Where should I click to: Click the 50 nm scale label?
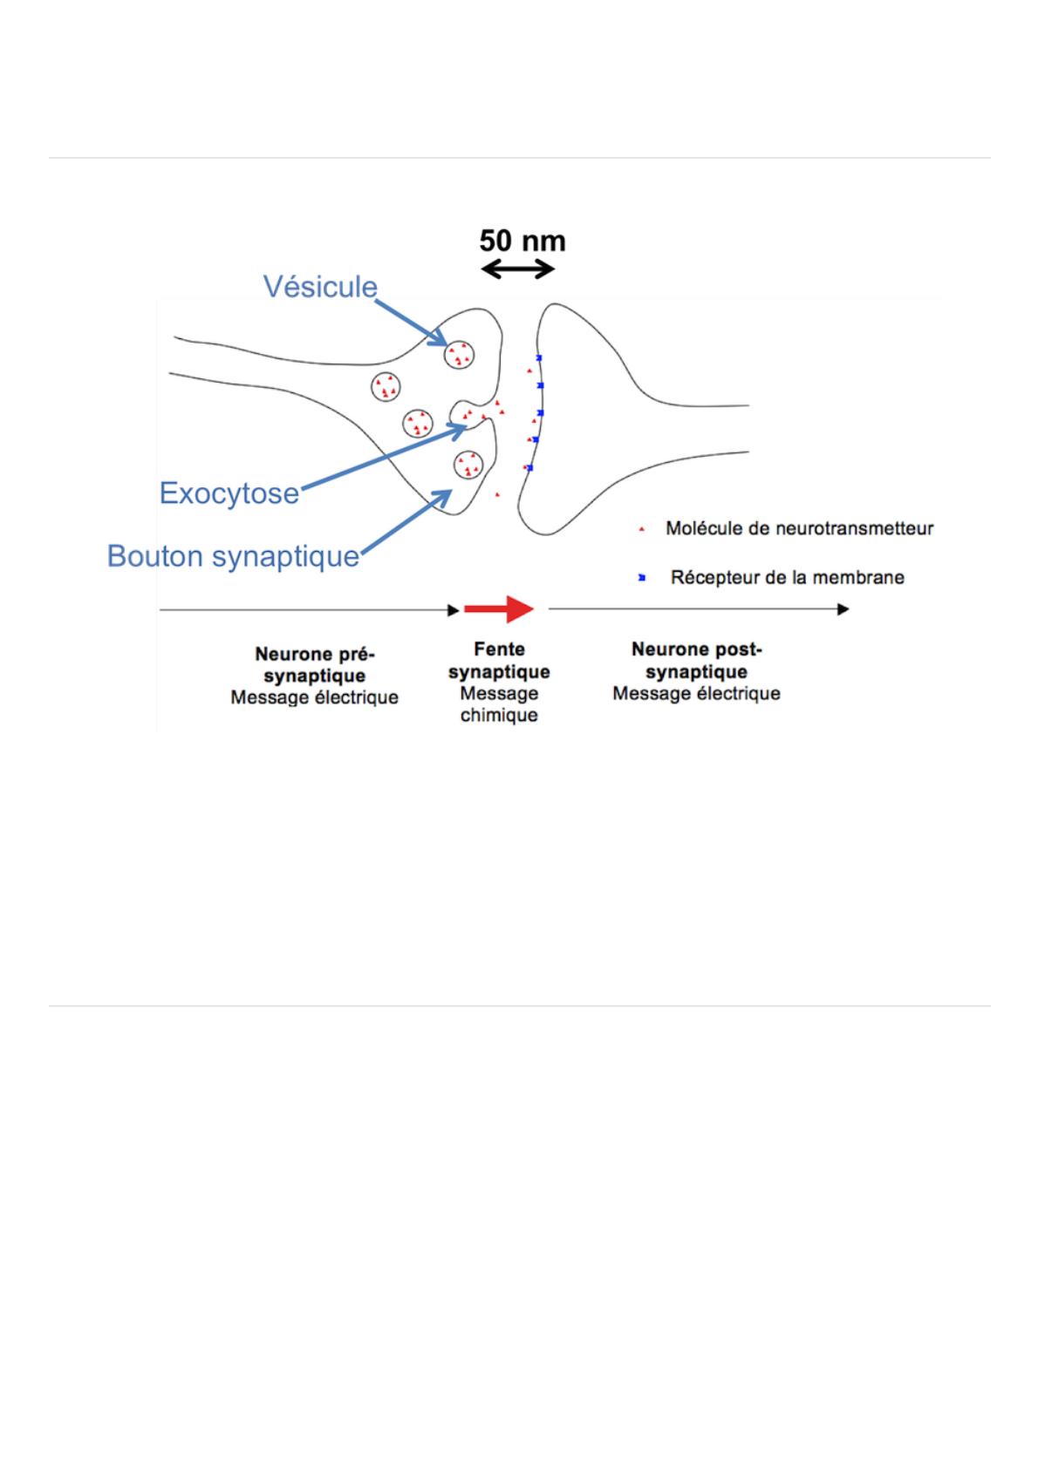tap(522, 241)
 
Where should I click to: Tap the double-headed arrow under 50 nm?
tap(518, 269)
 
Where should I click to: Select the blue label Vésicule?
tap(320, 287)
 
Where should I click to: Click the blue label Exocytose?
tap(229, 493)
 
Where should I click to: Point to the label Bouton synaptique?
tap(233, 556)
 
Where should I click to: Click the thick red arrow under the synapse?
tap(498, 609)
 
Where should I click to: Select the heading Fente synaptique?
tap(499, 661)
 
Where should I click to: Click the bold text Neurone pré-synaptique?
tap(314, 665)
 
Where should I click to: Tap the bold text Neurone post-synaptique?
tap(696, 661)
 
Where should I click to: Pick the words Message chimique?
tap(499, 704)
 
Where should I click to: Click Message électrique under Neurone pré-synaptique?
tap(314, 697)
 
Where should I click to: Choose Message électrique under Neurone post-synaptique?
tap(696, 694)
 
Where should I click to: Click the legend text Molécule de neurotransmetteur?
tap(799, 528)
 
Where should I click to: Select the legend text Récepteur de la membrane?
tap(787, 577)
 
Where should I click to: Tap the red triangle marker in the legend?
tap(642, 529)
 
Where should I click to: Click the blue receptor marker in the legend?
tap(642, 577)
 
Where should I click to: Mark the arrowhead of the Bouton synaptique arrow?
tap(447, 492)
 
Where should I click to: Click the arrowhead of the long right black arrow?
tap(843, 609)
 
